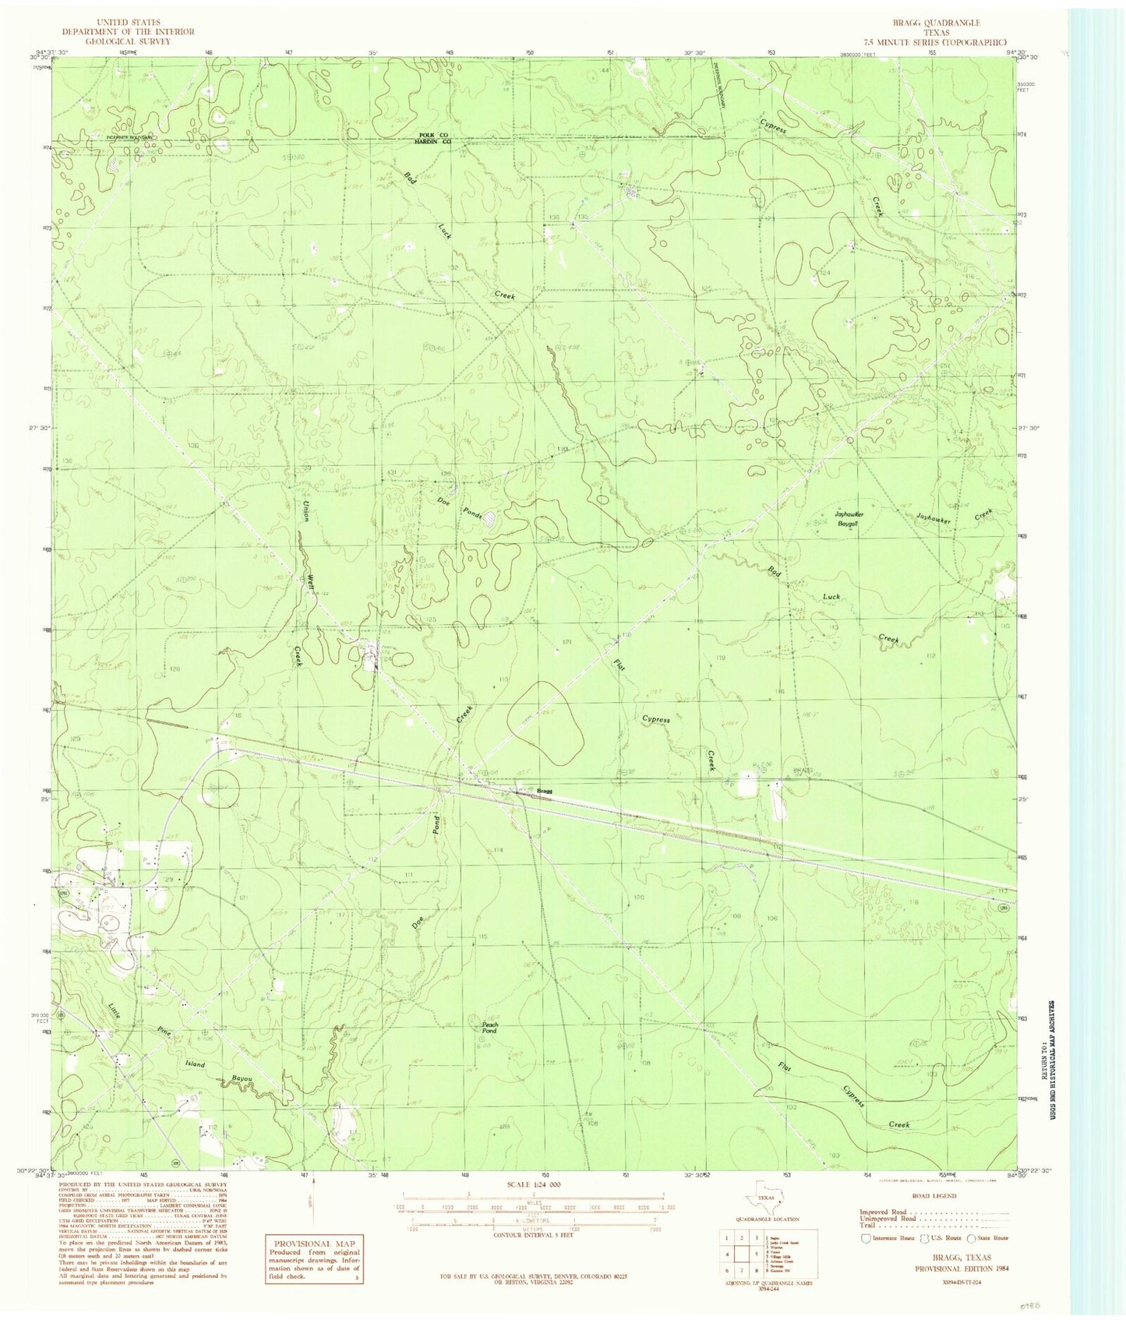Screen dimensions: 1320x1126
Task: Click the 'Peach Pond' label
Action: [x=489, y=1027]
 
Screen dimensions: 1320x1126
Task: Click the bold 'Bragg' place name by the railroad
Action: [x=544, y=792]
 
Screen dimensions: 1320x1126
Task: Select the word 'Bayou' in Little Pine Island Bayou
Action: [x=243, y=1078]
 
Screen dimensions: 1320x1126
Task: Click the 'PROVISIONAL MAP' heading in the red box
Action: [x=315, y=1244]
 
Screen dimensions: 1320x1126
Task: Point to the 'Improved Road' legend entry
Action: [x=882, y=1212]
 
